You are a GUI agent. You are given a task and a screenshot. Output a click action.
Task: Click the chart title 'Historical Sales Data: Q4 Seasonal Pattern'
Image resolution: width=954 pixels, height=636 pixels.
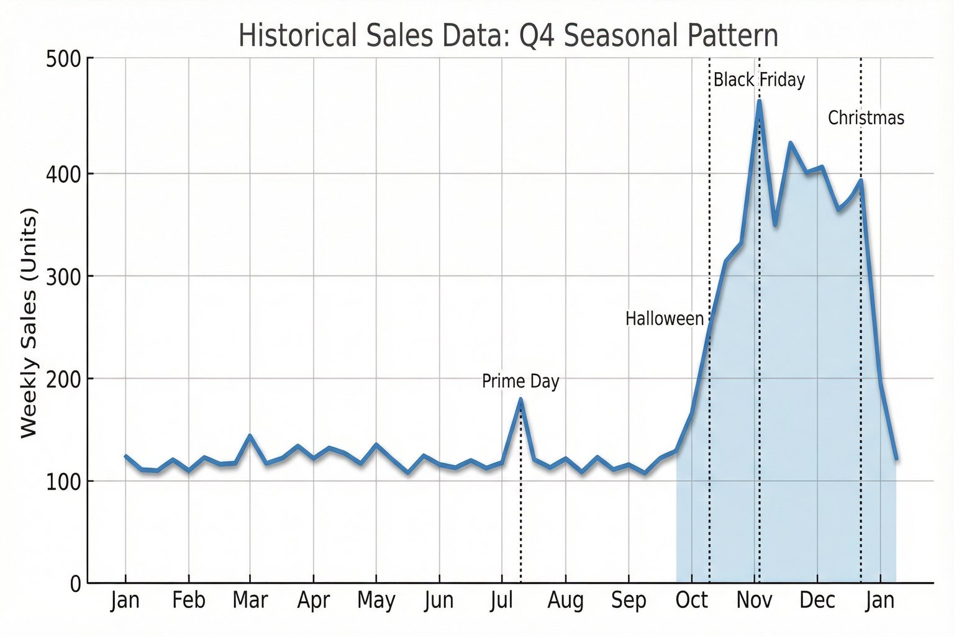[x=508, y=35]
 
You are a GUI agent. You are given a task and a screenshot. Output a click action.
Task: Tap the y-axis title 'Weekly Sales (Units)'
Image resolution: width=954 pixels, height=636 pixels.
[x=29, y=323]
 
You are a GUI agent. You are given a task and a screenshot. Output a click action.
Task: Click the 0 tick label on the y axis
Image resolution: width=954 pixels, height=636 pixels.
[x=75, y=584]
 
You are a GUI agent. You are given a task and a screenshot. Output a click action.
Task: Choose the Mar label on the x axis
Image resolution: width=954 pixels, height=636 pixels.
[x=250, y=601]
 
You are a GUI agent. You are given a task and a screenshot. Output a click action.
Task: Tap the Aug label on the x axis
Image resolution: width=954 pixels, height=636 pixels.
[x=565, y=601]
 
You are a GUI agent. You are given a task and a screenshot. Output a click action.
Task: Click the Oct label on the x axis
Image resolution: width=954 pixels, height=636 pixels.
[x=691, y=601]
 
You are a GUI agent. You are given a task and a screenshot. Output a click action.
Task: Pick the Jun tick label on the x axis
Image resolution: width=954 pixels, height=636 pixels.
[x=439, y=601]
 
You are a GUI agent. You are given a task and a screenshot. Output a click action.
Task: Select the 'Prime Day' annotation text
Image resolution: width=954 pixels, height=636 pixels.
[x=520, y=381]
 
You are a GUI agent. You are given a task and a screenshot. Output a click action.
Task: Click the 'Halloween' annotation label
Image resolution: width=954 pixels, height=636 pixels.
[x=664, y=319]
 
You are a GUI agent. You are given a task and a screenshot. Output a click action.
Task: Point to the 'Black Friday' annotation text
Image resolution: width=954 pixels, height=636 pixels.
[x=759, y=80]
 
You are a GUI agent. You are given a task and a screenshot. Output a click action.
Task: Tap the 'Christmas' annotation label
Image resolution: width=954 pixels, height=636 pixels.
[x=866, y=118]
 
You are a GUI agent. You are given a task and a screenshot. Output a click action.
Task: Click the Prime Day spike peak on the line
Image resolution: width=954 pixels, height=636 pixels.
[x=520, y=399]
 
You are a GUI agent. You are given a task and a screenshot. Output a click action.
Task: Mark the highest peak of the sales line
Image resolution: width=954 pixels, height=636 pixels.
[x=759, y=101]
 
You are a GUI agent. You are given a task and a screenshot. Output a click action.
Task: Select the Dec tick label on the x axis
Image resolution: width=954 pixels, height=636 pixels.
[x=817, y=601]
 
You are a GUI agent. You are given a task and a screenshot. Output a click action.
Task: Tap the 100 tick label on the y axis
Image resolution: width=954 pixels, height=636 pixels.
[x=64, y=481]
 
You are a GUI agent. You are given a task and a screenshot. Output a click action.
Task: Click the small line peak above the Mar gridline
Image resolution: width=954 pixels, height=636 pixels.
[x=250, y=436]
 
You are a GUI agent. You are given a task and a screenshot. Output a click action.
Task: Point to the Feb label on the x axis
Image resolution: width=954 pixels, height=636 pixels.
[x=189, y=601]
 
